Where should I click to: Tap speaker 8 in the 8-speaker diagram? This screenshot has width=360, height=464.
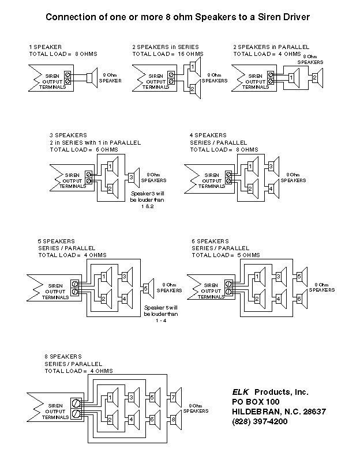point(176,420)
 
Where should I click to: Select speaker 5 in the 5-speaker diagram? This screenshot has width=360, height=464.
point(148,288)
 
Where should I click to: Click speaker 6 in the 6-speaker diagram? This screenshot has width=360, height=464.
point(302,299)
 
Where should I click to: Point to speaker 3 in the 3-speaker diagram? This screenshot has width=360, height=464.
point(134,178)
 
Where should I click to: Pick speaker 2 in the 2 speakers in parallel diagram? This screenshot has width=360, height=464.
point(317,78)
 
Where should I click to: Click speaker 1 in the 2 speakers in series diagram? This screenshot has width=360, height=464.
point(195,67)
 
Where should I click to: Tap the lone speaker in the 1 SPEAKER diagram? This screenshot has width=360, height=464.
point(92,78)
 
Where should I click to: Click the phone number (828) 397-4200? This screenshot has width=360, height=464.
point(260,421)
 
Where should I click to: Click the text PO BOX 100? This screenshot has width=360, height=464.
point(256,402)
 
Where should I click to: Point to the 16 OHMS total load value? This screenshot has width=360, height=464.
point(190,54)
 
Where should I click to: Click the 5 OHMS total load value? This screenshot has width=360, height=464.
point(248,255)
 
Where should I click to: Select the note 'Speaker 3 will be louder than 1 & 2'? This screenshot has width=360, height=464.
point(147,200)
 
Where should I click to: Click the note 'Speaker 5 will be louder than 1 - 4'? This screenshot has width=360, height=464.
point(161,314)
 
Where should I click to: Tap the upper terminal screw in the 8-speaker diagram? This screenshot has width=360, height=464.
point(76,403)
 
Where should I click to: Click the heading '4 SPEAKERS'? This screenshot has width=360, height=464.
point(208,135)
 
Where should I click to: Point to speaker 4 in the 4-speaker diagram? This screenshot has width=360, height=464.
point(273,188)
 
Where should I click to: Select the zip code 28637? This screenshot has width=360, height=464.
point(314,412)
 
